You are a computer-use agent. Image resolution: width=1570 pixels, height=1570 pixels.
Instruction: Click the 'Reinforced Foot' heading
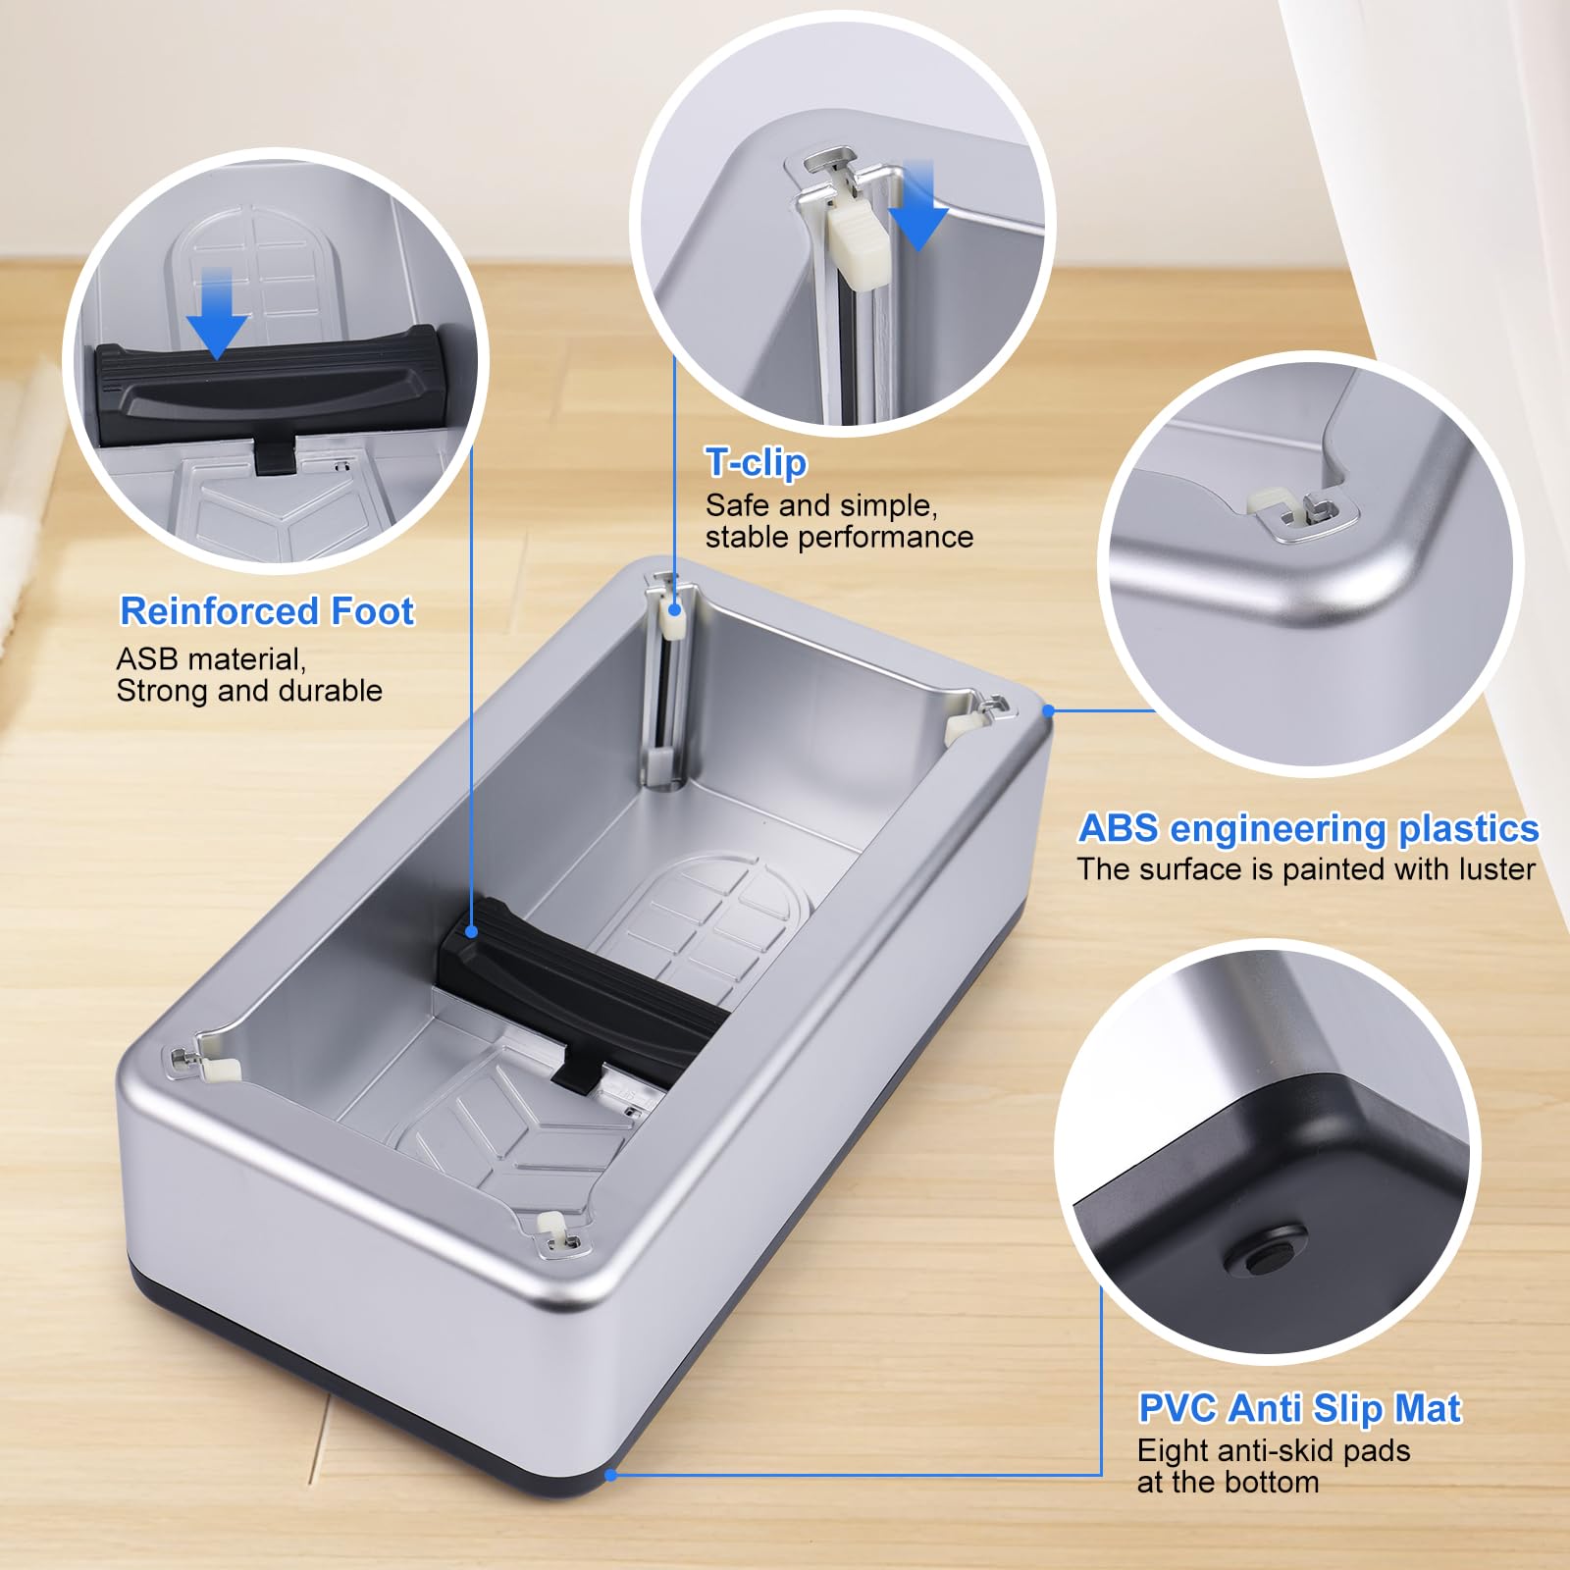tap(267, 610)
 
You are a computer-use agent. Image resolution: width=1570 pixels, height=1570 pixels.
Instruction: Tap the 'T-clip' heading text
tap(756, 462)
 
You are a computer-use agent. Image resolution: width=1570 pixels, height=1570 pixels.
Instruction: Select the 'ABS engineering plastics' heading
tap(1308, 828)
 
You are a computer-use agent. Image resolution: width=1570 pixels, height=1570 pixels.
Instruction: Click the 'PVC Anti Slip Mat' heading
tap(1299, 1408)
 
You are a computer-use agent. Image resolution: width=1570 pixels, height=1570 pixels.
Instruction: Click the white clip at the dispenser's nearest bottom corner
tap(552, 1227)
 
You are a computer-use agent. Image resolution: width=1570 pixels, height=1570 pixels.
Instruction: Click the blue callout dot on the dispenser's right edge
tap(1048, 710)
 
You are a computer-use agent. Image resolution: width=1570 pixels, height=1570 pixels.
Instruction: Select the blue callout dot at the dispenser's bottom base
tap(610, 1475)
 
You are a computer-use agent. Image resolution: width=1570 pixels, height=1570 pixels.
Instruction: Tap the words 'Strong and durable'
tap(249, 691)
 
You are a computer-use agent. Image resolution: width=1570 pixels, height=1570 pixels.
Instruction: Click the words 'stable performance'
tap(839, 537)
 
